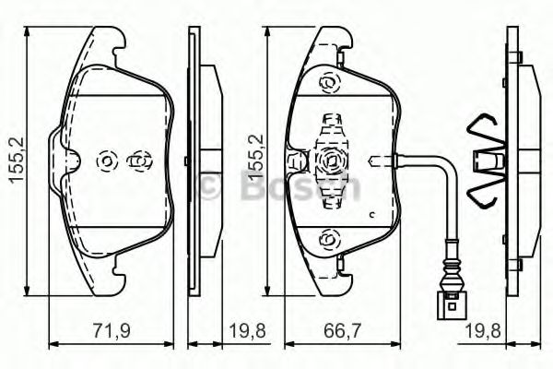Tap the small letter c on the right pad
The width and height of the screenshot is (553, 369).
tap(370, 215)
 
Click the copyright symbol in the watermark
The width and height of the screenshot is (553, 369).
tap(207, 185)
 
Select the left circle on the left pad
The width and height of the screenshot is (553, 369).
tap(106, 161)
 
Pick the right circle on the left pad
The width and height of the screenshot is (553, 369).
tap(139, 161)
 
